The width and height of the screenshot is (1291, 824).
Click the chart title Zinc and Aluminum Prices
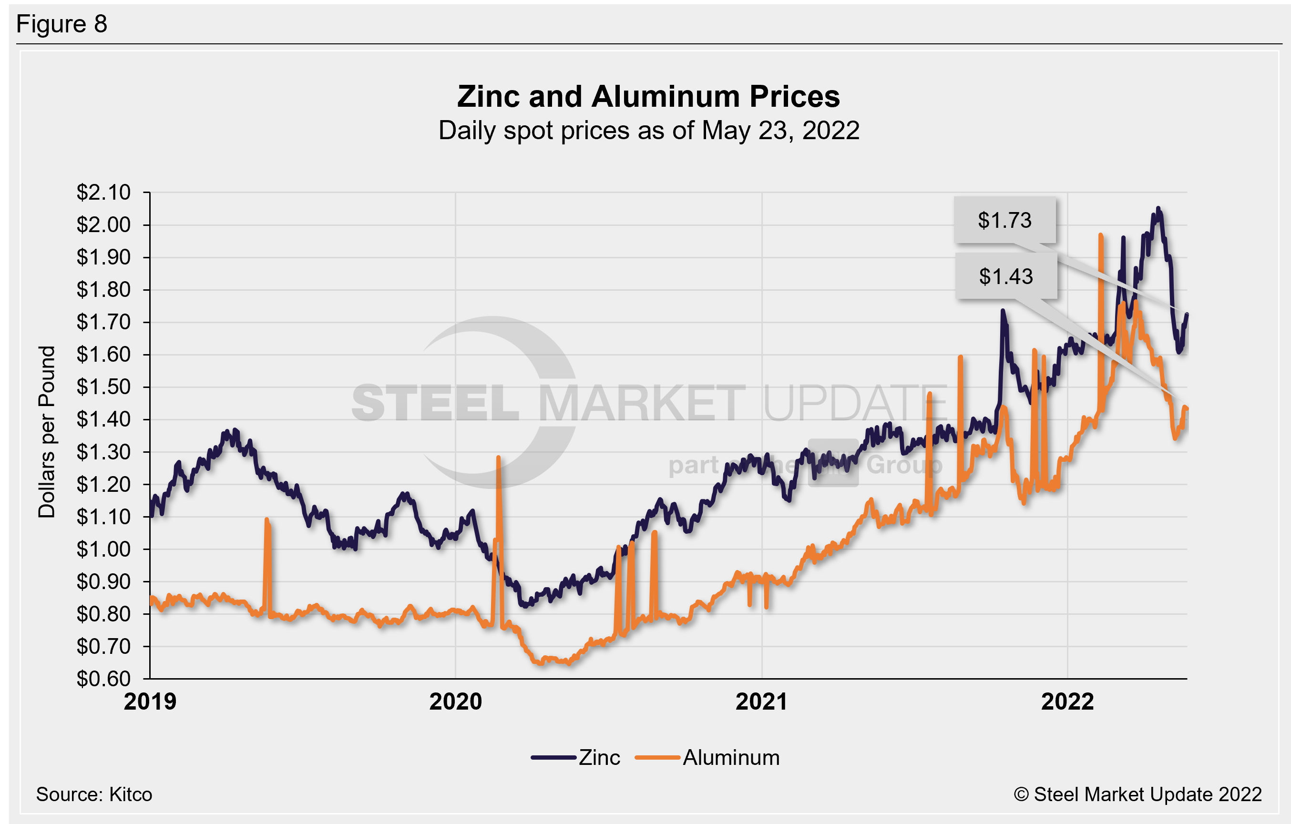[648, 97]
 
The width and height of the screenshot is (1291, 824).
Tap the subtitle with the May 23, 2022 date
[648, 130]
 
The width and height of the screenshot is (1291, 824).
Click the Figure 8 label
[61, 24]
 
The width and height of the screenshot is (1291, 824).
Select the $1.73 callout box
[1004, 220]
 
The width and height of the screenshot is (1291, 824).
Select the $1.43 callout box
[1005, 276]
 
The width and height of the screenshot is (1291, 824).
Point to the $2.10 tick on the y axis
[103, 193]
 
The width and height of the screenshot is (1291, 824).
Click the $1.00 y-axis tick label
[103, 549]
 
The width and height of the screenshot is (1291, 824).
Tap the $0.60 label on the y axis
[103, 679]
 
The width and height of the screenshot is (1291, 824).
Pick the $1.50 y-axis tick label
[103, 387]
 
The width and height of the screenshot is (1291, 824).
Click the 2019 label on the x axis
[150, 702]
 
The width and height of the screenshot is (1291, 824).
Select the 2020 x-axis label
[456, 702]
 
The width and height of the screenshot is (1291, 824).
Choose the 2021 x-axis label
[761, 702]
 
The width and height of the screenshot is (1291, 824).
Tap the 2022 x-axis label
[1067, 702]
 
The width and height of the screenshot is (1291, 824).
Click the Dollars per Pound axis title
[47, 432]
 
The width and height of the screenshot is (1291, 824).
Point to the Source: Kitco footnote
[94, 794]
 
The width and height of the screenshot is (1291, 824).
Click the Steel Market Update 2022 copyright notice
[1137, 794]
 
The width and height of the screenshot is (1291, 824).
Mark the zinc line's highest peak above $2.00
[1158, 209]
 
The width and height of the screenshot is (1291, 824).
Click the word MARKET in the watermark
[641, 403]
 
